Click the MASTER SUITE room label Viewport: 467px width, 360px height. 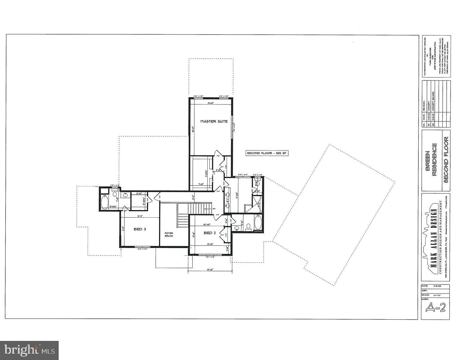click(214, 121)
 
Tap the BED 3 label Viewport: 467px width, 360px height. click(140, 229)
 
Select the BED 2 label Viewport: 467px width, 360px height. click(209, 233)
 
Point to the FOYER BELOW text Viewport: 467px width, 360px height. click(169, 235)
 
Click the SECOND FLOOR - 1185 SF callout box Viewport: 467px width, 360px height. click(267, 153)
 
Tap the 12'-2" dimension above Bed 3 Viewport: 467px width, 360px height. click(140, 216)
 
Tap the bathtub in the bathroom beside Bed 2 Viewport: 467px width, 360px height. click(257, 223)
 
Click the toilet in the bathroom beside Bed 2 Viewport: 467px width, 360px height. click(247, 226)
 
